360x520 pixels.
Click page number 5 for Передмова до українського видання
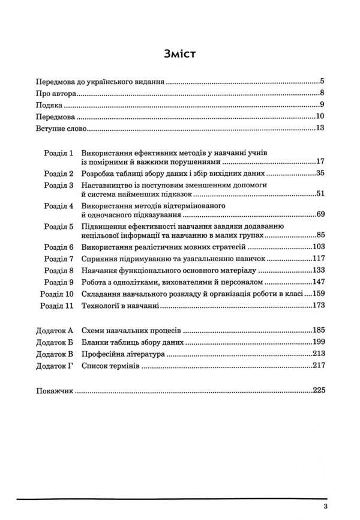coord(322,80)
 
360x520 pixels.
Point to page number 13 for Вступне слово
coord(319,128)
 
